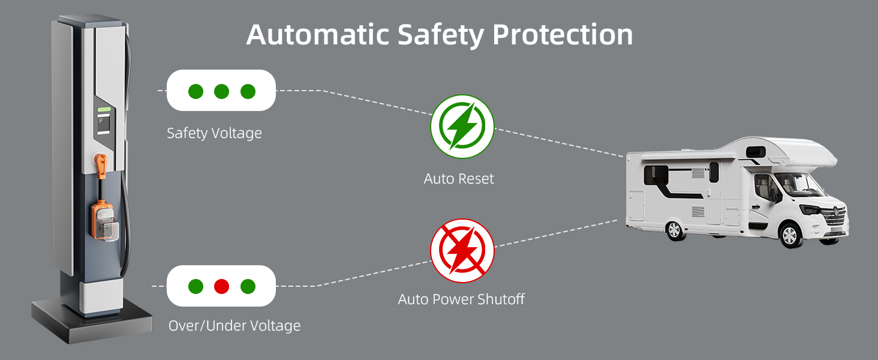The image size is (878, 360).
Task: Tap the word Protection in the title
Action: point(563,35)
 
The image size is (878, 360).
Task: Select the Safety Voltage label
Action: point(214,133)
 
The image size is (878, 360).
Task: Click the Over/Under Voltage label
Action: point(234,326)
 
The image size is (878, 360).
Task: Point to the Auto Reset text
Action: point(459,178)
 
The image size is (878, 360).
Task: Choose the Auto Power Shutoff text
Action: point(461,299)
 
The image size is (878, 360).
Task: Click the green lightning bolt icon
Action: point(462,127)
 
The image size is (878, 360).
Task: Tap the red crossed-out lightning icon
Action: point(462,250)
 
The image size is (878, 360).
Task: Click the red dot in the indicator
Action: point(221,286)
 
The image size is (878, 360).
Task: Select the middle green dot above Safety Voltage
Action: point(221,91)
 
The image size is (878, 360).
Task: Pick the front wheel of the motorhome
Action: point(790,235)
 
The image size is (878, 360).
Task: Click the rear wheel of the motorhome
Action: point(675,230)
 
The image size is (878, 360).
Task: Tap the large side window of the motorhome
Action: point(656,175)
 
